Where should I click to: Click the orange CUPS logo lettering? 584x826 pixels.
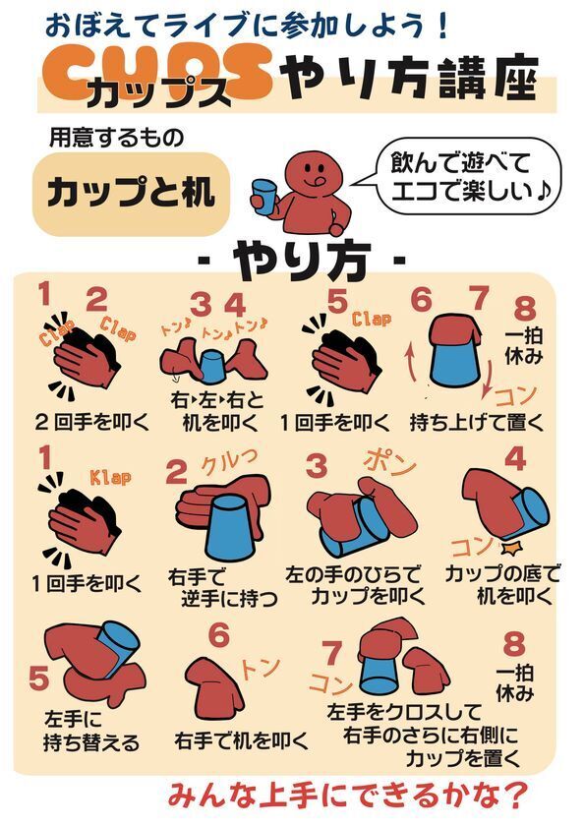(x=157, y=72)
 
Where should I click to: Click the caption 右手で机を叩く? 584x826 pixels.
(x=242, y=738)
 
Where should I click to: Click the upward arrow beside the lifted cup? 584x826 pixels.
(x=414, y=358)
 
